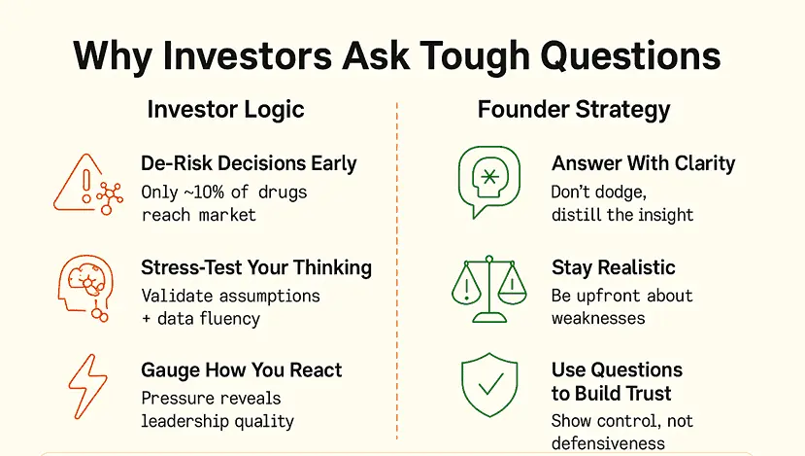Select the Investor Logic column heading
[x=226, y=110]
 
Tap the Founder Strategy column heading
[x=574, y=110]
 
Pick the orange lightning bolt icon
[x=87, y=386]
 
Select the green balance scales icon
[x=489, y=289]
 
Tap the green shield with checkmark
[x=489, y=385]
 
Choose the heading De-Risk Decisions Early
[x=249, y=164]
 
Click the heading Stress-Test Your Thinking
[x=256, y=267]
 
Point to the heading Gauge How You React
[x=242, y=370]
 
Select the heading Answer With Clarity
[x=643, y=164]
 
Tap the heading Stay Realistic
[x=614, y=267]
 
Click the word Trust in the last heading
[x=645, y=394]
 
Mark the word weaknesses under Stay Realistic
[x=598, y=318]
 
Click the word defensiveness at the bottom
[x=608, y=443]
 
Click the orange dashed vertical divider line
[x=397, y=271]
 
